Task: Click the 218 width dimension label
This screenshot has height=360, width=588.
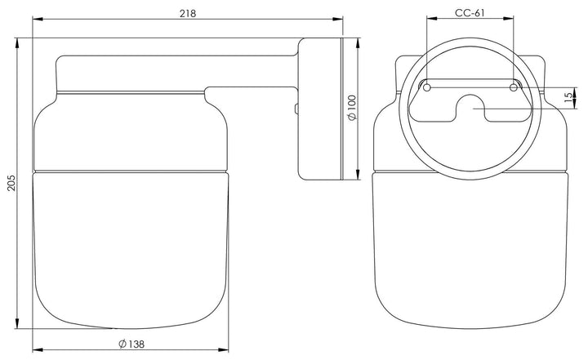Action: pos(188,14)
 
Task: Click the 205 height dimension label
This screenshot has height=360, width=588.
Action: pos(11,183)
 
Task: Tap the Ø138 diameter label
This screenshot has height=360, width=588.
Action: pos(131,344)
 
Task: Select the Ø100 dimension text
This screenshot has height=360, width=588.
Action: pos(353,108)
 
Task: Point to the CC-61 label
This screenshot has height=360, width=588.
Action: pos(470,13)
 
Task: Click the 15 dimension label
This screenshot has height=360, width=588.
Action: pos(569,97)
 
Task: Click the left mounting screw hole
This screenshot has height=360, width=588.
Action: pos(427,87)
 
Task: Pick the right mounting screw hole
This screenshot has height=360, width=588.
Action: pos(514,87)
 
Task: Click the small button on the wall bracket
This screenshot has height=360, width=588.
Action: pos(296,109)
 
